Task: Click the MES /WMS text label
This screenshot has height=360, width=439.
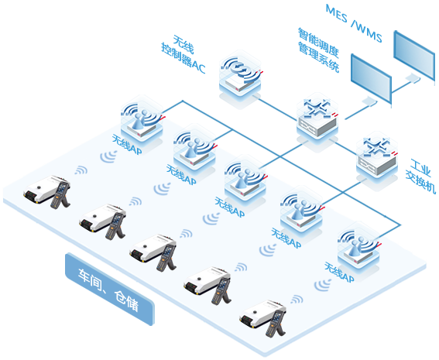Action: point(354,23)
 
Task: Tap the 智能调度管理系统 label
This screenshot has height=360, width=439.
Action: point(318,50)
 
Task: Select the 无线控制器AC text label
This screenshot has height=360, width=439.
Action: point(183,54)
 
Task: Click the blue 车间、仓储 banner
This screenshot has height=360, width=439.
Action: point(110,290)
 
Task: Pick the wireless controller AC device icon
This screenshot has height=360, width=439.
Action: point(241,73)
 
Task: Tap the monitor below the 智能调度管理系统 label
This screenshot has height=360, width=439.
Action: point(371,79)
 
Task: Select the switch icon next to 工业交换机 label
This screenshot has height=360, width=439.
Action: point(377,157)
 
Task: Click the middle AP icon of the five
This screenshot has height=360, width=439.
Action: point(245,178)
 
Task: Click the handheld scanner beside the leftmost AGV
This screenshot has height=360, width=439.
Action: point(60,195)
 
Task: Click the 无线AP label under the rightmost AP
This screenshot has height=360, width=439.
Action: point(339,272)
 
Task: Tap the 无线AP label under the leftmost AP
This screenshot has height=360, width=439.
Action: point(127,145)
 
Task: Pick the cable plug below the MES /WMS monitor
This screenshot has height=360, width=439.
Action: point(413,77)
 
